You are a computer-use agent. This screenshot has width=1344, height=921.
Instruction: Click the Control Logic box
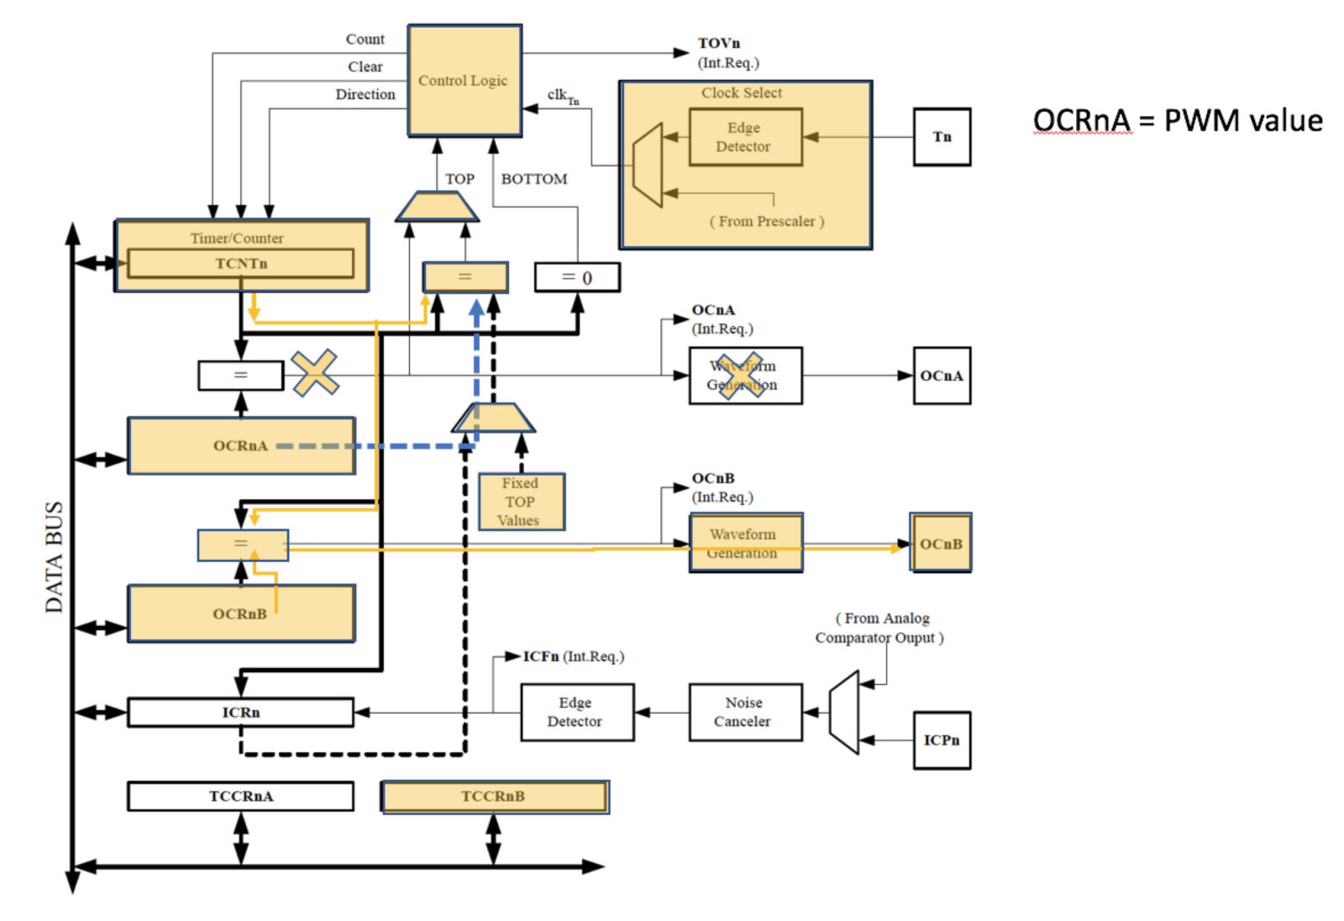pos(464,80)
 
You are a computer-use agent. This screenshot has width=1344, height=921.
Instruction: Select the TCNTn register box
pos(240,263)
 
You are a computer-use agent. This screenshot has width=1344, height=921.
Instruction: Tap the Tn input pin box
pos(941,137)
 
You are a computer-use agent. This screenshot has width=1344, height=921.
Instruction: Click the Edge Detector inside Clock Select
pos(744,137)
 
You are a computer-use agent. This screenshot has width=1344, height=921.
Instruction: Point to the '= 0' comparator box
pos(577,277)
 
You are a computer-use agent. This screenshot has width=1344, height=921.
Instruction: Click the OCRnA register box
pos(241,445)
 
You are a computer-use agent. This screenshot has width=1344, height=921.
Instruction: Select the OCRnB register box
pos(241,613)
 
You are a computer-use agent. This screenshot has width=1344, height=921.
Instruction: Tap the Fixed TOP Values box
pos(521,502)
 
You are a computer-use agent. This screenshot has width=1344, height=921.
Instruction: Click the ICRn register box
pos(241,712)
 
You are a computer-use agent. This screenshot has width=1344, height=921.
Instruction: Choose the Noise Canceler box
pos(744,712)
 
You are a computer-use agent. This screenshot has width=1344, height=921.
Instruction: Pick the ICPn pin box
pos(941,739)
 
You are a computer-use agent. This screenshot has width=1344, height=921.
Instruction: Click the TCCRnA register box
pos(241,796)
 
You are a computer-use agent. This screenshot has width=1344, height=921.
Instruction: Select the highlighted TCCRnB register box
pos(494,796)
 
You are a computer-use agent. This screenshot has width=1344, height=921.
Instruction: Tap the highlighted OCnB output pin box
pos(941,544)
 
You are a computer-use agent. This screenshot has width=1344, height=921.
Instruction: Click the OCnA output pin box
pos(941,376)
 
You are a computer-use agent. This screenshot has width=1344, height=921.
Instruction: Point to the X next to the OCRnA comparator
pos(315,373)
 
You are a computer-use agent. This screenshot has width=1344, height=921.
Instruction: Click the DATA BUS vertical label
pos(54,556)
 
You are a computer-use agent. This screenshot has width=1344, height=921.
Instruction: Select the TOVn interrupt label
pos(719,43)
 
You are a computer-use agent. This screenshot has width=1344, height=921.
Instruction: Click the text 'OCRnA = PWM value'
pos(1178,120)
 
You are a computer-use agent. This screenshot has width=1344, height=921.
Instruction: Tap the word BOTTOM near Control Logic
pos(533,179)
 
